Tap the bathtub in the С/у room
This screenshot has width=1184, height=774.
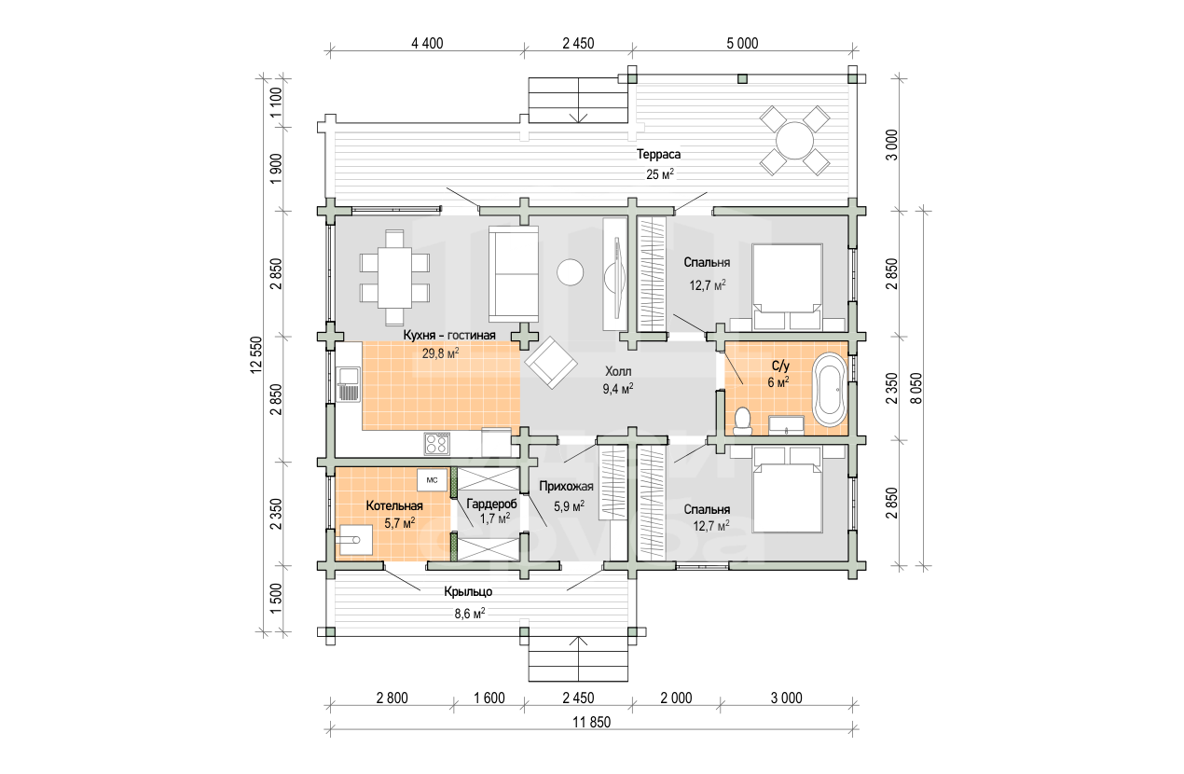(x=829, y=389)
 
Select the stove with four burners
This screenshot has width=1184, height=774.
(x=436, y=444)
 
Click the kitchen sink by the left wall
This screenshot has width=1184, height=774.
(x=349, y=384)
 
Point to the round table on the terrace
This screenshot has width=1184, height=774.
(x=794, y=141)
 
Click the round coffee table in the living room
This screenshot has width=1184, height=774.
(x=571, y=272)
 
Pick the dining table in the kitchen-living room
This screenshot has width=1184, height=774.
(x=394, y=278)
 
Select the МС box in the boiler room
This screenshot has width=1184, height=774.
(x=432, y=480)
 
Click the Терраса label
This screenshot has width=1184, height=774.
(x=658, y=155)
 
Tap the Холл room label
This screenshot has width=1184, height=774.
(x=618, y=371)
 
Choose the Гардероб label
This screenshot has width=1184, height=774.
(x=491, y=504)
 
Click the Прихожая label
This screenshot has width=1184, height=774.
(x=566, y=487)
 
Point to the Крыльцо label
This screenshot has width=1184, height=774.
(x=468, y=591)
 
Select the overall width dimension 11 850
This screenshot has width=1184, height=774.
(x=591, y=722)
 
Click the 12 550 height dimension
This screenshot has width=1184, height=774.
(x=256, y=354)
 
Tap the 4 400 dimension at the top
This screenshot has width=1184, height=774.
(x=427, y=43)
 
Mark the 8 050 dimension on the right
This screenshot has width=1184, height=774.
(x=916, y=389)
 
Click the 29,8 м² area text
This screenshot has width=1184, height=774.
(x=440, y=353)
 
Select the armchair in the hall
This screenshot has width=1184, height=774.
(x=550, y=363)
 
